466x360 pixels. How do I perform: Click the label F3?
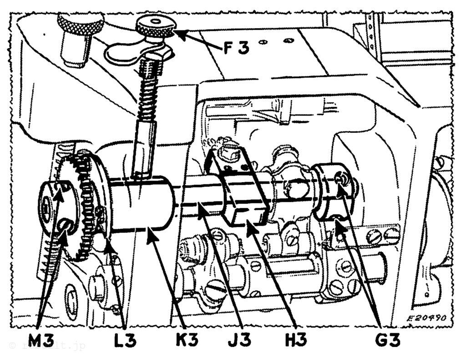pyautogui.click(x=236, y=47)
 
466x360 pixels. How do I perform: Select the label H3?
pyautogui.click(x=295, y=339)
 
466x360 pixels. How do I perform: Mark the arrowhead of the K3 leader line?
pyautogui.click(x=148, y=235)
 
